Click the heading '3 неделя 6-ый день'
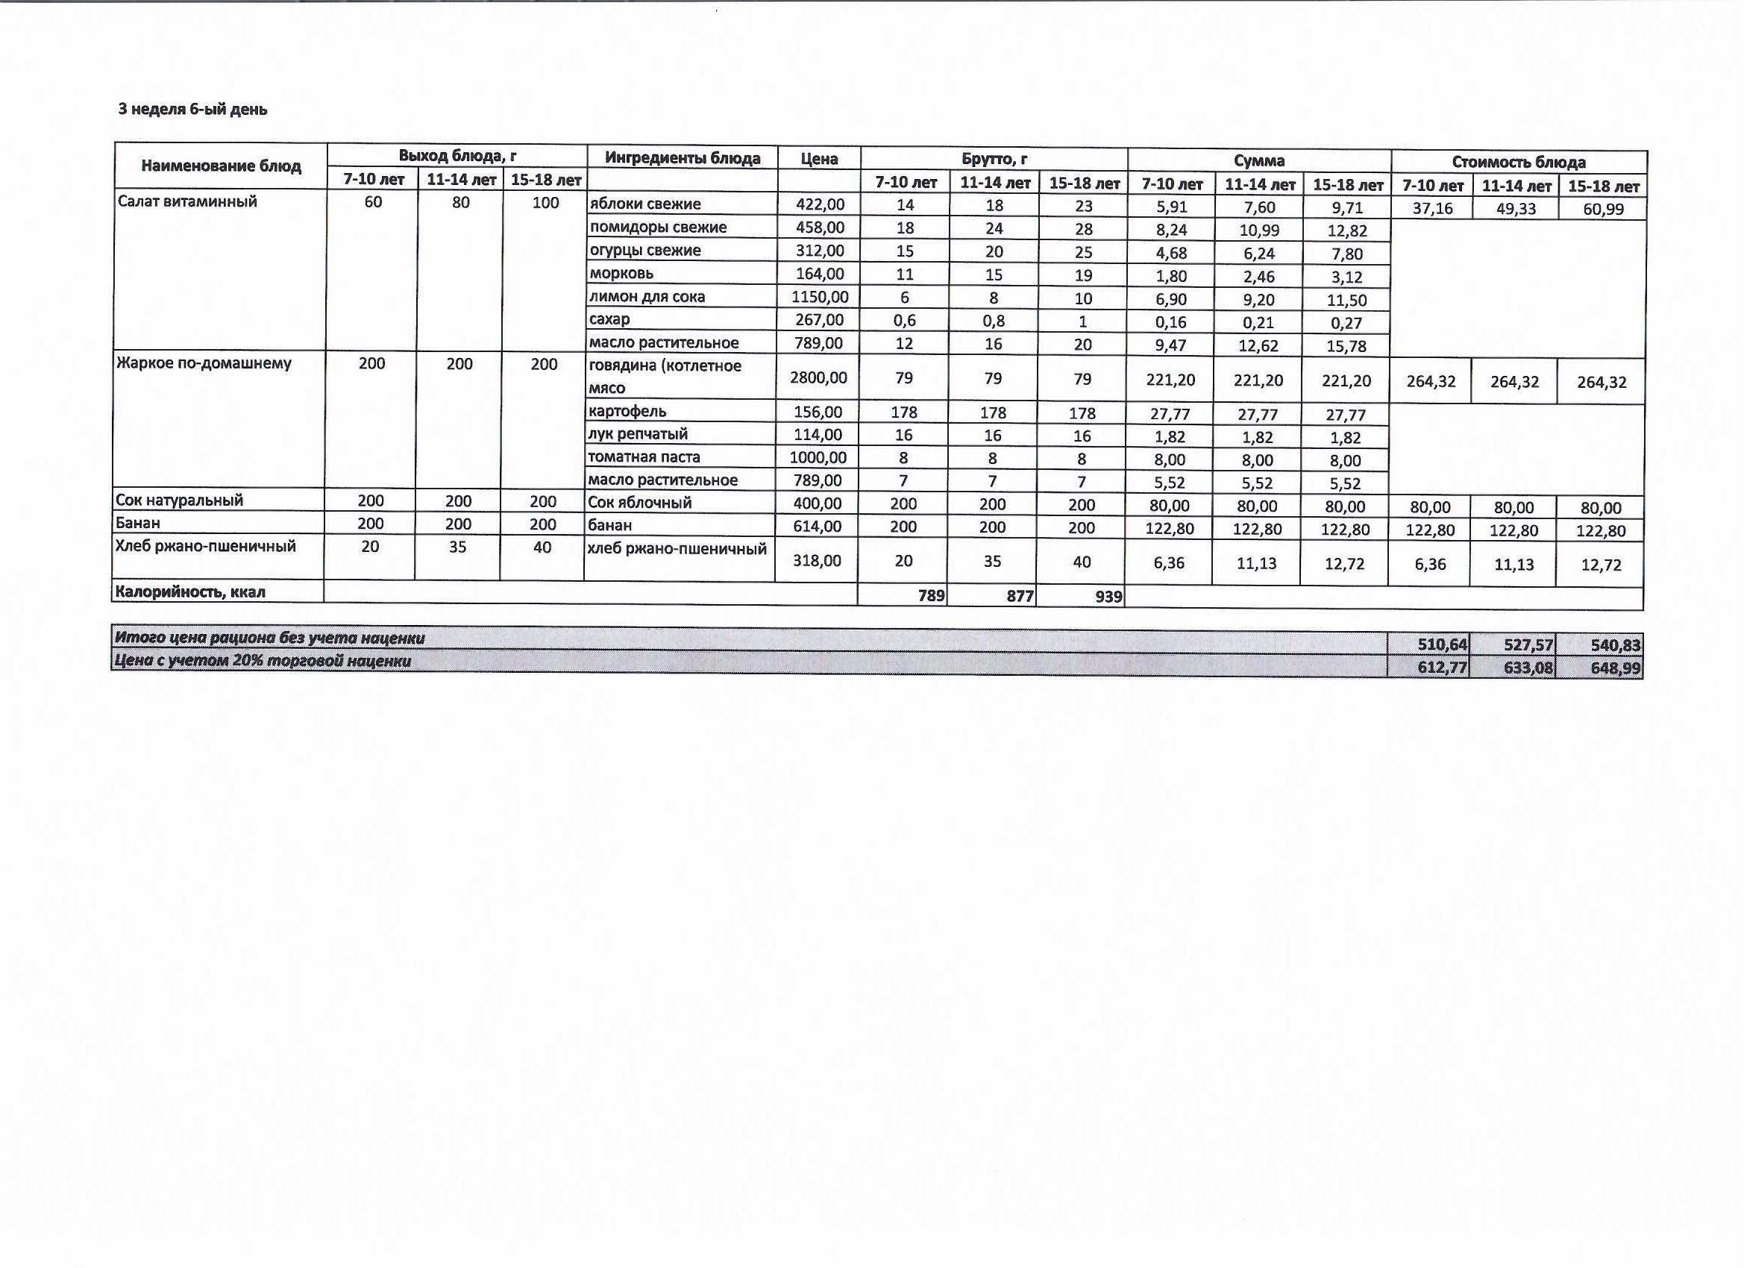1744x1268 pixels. point(193,109)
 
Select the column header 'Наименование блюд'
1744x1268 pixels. point(221,166)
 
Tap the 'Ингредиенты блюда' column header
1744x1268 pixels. point(682,158)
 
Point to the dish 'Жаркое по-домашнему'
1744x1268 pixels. point(204,363)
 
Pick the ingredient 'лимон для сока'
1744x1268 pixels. point(647,297)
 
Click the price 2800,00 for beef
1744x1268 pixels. point(818,377)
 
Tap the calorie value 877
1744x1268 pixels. point(1020,596)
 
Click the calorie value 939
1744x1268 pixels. point(1108,596)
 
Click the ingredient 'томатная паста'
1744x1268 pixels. point(644,456)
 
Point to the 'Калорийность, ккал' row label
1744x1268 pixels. point(190,592)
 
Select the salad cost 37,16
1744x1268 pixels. point(1431,208)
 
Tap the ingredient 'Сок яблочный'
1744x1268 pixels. point(639,503)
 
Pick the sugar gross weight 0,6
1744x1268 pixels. point(904,321)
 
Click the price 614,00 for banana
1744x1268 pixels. point(818,527)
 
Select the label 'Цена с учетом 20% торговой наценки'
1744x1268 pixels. point(263,662)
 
